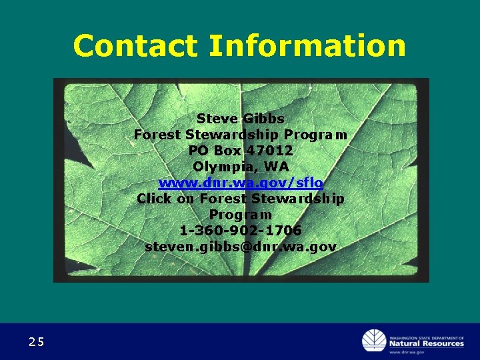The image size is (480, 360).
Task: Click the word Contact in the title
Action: click(136, 46)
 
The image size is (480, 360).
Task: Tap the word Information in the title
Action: click(307, 46)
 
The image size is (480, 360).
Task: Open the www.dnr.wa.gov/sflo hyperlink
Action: click(241, 183)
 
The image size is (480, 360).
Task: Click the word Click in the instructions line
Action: click(154, 199)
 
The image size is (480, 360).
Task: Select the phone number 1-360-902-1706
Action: click(241, 231)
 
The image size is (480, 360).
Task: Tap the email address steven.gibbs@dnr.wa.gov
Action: click(241, 247)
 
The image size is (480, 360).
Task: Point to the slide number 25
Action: click(37, 342)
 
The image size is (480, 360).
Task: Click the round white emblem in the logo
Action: click(374, 341)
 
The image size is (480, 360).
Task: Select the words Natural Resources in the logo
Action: click(427, 343)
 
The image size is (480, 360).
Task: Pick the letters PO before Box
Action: click(198, 151)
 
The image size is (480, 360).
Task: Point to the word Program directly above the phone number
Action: click(241, 215)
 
